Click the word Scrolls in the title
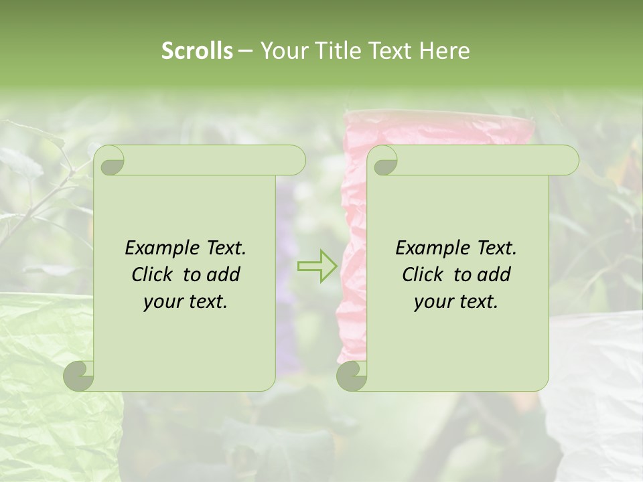click(x=198, y=51)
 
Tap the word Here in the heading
click(x=444, y=51)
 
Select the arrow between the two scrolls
click(x=317, y=266)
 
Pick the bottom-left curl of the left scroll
click(x=79, y=376)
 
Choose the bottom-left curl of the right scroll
click(x=351, y=376)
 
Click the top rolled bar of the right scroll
click(x=482, y=161)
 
